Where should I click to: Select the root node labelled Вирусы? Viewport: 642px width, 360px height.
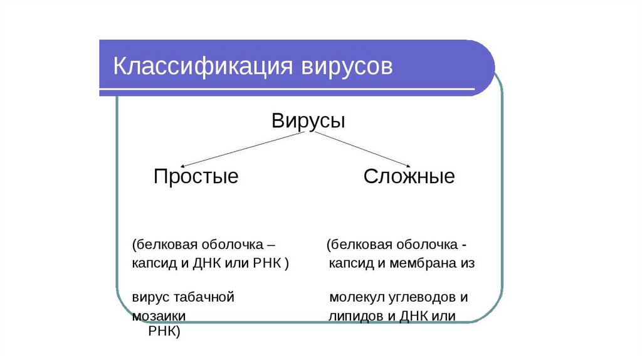(x=308, y=120)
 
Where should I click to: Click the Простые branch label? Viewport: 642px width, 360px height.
(x=196, y=176)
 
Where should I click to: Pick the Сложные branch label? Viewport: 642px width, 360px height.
(x=409, y=176)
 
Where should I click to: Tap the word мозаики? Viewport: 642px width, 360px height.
(x=159, y=316)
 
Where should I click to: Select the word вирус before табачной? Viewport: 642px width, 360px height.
(x=149, y=297)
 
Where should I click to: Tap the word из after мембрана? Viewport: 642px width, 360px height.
(x=467, y=263)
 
